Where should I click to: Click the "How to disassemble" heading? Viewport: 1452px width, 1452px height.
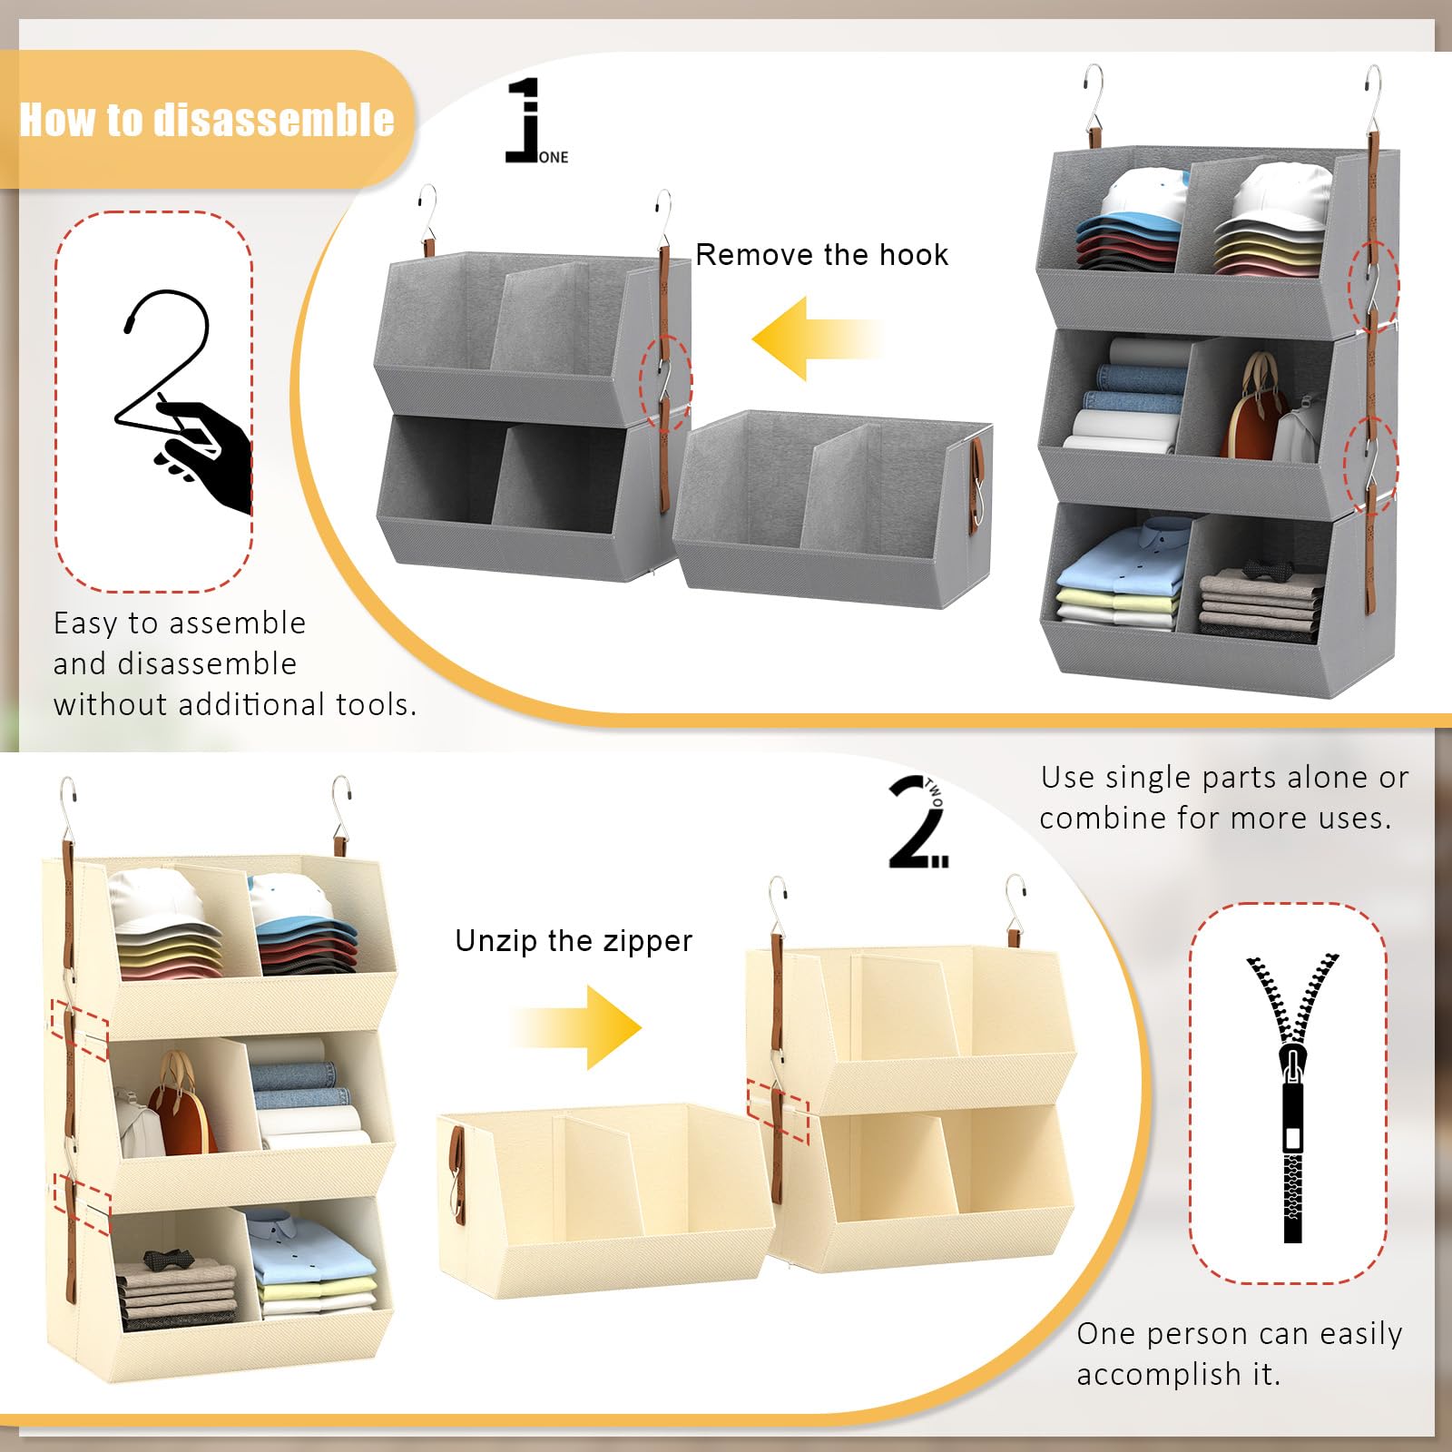[x=207, y=120]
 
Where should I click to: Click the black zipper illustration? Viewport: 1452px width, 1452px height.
[x=1292, y=1098]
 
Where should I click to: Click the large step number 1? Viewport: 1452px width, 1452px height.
[x=523, y=120]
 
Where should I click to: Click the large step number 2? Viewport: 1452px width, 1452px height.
[x=915, y=822]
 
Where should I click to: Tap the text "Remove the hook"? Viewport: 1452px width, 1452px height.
[x=822, y=255]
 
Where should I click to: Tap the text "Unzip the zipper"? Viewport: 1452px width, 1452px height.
[x=574, y=941]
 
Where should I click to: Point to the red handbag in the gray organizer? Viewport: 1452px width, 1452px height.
[x=1252, y=404]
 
